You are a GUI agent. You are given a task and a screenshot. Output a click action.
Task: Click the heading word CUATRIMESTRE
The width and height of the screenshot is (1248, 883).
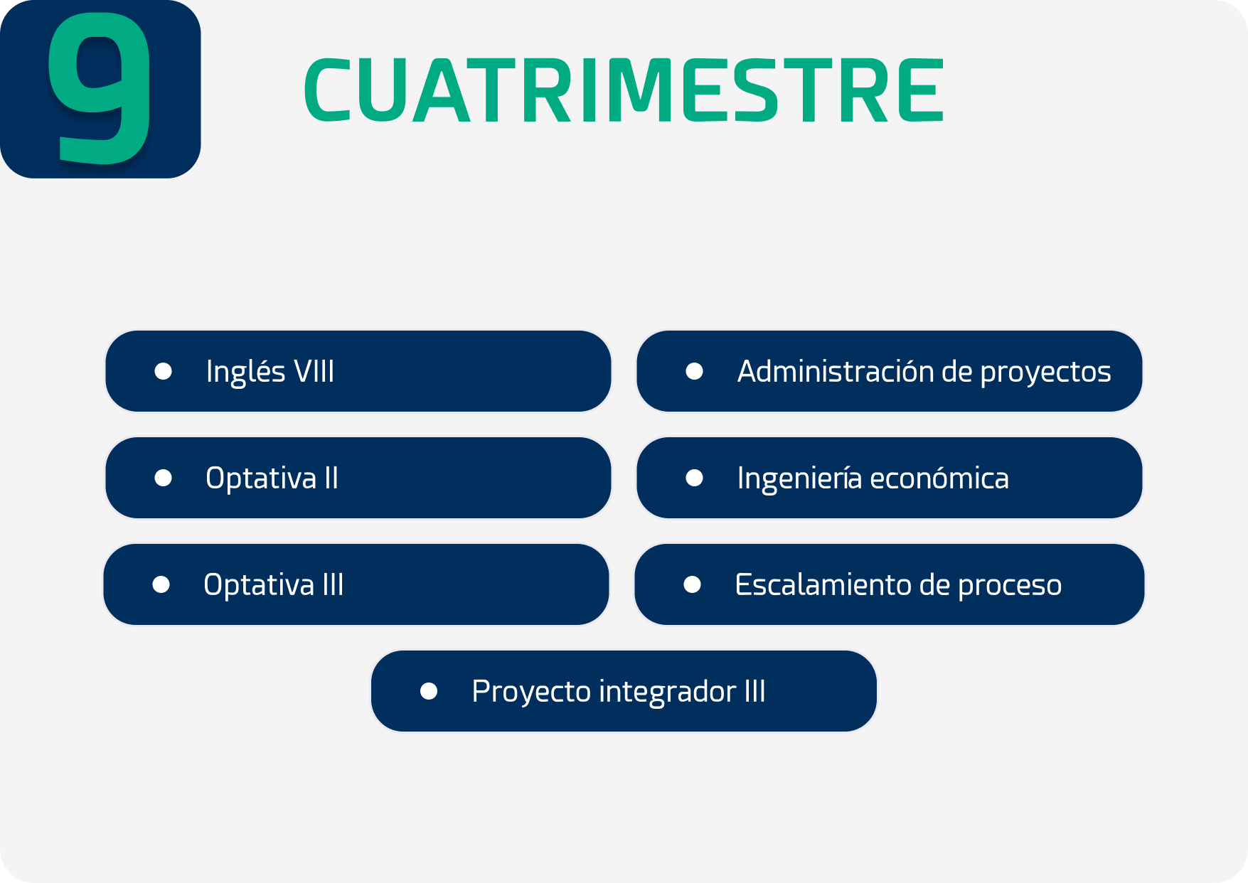[x=624, y=90]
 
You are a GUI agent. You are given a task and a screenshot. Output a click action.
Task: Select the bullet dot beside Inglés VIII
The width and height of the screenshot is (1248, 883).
[x=164, y=371]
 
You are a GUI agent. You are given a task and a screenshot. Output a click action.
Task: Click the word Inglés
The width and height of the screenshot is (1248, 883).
[x=246, y=372]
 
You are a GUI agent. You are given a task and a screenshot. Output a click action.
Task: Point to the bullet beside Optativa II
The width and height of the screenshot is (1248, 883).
[x=164, y=478]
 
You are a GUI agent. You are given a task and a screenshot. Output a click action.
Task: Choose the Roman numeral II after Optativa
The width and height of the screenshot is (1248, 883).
[x=331, y=478]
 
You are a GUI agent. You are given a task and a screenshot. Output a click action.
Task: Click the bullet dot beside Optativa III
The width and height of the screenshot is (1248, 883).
[x=161, y=584]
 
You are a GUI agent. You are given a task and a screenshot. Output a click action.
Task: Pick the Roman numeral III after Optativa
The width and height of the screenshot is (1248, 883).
[x=333, y=584]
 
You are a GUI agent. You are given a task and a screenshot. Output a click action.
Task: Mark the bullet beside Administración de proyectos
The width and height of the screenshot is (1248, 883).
[x=695, y=371]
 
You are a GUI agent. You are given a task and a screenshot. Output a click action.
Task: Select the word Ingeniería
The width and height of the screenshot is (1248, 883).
[x=799, y=478]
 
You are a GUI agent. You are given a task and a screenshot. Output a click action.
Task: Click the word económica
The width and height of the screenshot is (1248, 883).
[x=939, y=478]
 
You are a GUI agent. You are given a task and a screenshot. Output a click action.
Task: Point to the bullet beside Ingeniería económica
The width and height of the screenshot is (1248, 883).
[x=695, y=478]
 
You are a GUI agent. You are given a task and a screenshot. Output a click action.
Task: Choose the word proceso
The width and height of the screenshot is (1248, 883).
[x=1010, y=586]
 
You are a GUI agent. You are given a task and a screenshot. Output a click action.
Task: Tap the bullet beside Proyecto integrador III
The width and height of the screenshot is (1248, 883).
[x=429, y=691]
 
